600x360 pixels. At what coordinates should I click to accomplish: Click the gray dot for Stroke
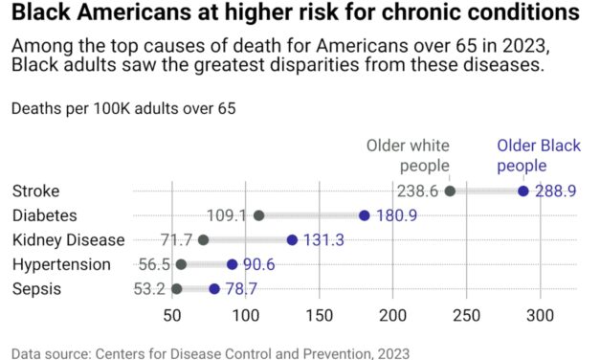tap(451, 191)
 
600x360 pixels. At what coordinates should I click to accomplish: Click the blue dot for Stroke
tap(523, 191)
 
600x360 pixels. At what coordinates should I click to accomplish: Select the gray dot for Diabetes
tap(258, 215)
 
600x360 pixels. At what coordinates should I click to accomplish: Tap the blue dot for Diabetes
tap(365, 215)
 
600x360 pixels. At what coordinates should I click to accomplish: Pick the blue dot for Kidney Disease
tap(292, 239)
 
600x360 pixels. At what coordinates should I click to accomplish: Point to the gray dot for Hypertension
tap(181, 264)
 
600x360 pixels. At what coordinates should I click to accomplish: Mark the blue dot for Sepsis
tap(214, 288)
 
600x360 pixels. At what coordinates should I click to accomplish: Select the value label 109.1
tap(227, 215)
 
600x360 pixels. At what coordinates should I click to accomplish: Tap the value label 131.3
tap(324, 239)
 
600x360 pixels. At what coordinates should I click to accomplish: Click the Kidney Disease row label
tap(68, 239)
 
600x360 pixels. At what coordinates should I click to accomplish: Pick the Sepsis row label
tap(35, 288)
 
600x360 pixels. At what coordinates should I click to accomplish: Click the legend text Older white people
tap(409, 156)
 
